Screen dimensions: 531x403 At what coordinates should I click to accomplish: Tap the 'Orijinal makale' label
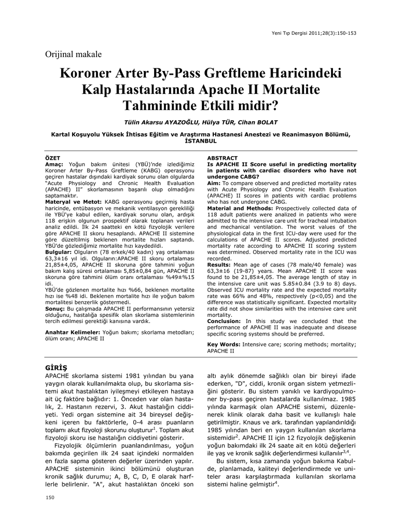(x=74, y=54)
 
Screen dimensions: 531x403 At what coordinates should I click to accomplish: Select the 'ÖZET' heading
(x=53, y=158)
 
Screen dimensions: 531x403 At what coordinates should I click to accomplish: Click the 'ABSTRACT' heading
(x=223, y=158)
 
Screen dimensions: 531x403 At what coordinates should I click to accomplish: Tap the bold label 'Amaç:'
(x=54, y=163)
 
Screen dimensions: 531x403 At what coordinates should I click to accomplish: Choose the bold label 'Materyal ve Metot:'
(x=67, y=201)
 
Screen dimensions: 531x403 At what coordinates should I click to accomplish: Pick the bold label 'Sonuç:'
(x=56, y=308)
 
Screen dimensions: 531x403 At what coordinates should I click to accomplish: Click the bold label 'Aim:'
(x=214, y=184)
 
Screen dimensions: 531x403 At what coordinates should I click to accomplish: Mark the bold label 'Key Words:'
(x=223, y=344)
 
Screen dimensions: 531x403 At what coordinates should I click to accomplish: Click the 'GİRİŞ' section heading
(x=57, y=367)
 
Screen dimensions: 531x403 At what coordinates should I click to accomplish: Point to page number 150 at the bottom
(x=50, y=498)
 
